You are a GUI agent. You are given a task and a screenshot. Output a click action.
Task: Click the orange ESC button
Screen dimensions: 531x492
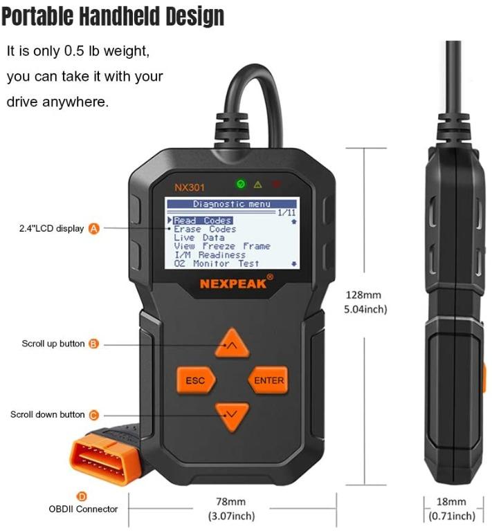coord(196,380)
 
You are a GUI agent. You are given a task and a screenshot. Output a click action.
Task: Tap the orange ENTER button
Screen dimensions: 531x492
coord(268,380)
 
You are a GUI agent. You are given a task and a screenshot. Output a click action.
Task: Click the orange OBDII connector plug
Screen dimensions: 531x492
coord(102,458)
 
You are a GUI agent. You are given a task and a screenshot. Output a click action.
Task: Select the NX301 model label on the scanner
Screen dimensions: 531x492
coord(190,187)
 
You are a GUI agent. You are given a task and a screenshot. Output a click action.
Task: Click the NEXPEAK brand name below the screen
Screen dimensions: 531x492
coord(233,283)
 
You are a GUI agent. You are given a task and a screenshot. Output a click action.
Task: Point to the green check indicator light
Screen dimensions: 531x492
coord(240,185)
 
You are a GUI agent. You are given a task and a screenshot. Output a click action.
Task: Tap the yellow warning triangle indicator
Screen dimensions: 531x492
coord(258,185)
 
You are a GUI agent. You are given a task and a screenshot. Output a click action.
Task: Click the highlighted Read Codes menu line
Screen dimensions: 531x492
coord(202,221)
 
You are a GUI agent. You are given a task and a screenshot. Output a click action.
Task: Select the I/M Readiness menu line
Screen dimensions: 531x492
coord(209,254)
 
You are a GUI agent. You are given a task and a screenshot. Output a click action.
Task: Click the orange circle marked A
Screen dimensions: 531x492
coord(94,228)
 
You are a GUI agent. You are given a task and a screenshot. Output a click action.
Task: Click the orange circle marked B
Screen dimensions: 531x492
coord(94,344)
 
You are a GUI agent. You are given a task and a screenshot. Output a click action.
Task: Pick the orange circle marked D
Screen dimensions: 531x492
coord(82,496)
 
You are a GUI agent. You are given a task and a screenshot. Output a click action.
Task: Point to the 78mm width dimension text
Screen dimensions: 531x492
coord(231,502)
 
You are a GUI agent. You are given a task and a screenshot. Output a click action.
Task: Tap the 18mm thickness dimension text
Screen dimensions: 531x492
coord(452,502)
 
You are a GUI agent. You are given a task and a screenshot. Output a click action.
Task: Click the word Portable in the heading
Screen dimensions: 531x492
coord(42,17)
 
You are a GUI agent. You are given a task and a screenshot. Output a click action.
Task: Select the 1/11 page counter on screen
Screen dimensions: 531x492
coord(286,213)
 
